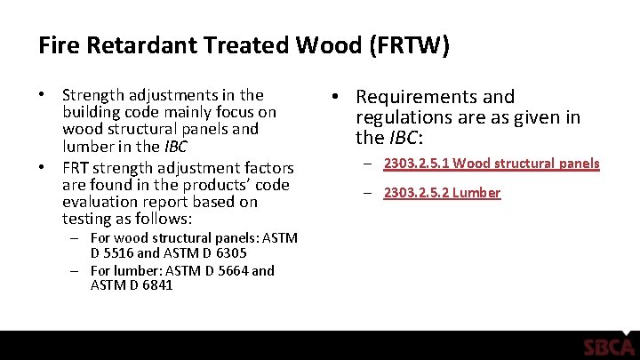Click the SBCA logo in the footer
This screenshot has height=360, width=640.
[x=609, y=347]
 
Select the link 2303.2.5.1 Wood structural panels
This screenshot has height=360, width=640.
[x=492, y=164]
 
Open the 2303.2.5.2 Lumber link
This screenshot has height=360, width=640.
[x=442, y=193]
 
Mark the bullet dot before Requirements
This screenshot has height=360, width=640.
[x=340, y=97]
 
